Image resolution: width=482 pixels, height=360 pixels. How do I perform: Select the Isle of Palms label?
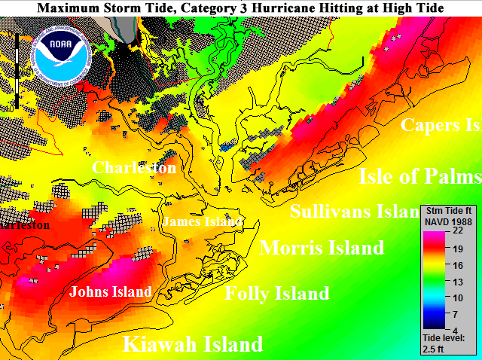[419, 176]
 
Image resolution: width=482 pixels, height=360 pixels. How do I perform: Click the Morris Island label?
[322, 248]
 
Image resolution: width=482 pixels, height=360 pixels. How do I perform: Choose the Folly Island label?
[277, 294]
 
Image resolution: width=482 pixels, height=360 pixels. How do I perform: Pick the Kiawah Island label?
[193, 345]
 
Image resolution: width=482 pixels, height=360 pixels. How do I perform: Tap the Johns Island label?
[111, 291]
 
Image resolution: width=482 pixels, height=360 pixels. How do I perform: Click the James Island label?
[203, 221]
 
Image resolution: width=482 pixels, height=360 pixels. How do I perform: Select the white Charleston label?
[134, 167]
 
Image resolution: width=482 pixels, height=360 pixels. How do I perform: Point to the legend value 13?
[457, 281]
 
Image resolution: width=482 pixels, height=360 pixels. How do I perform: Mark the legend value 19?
[457, 249]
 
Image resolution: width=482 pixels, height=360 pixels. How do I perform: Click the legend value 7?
[457, 313]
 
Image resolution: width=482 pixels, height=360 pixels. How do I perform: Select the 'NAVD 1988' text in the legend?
[449, 222]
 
